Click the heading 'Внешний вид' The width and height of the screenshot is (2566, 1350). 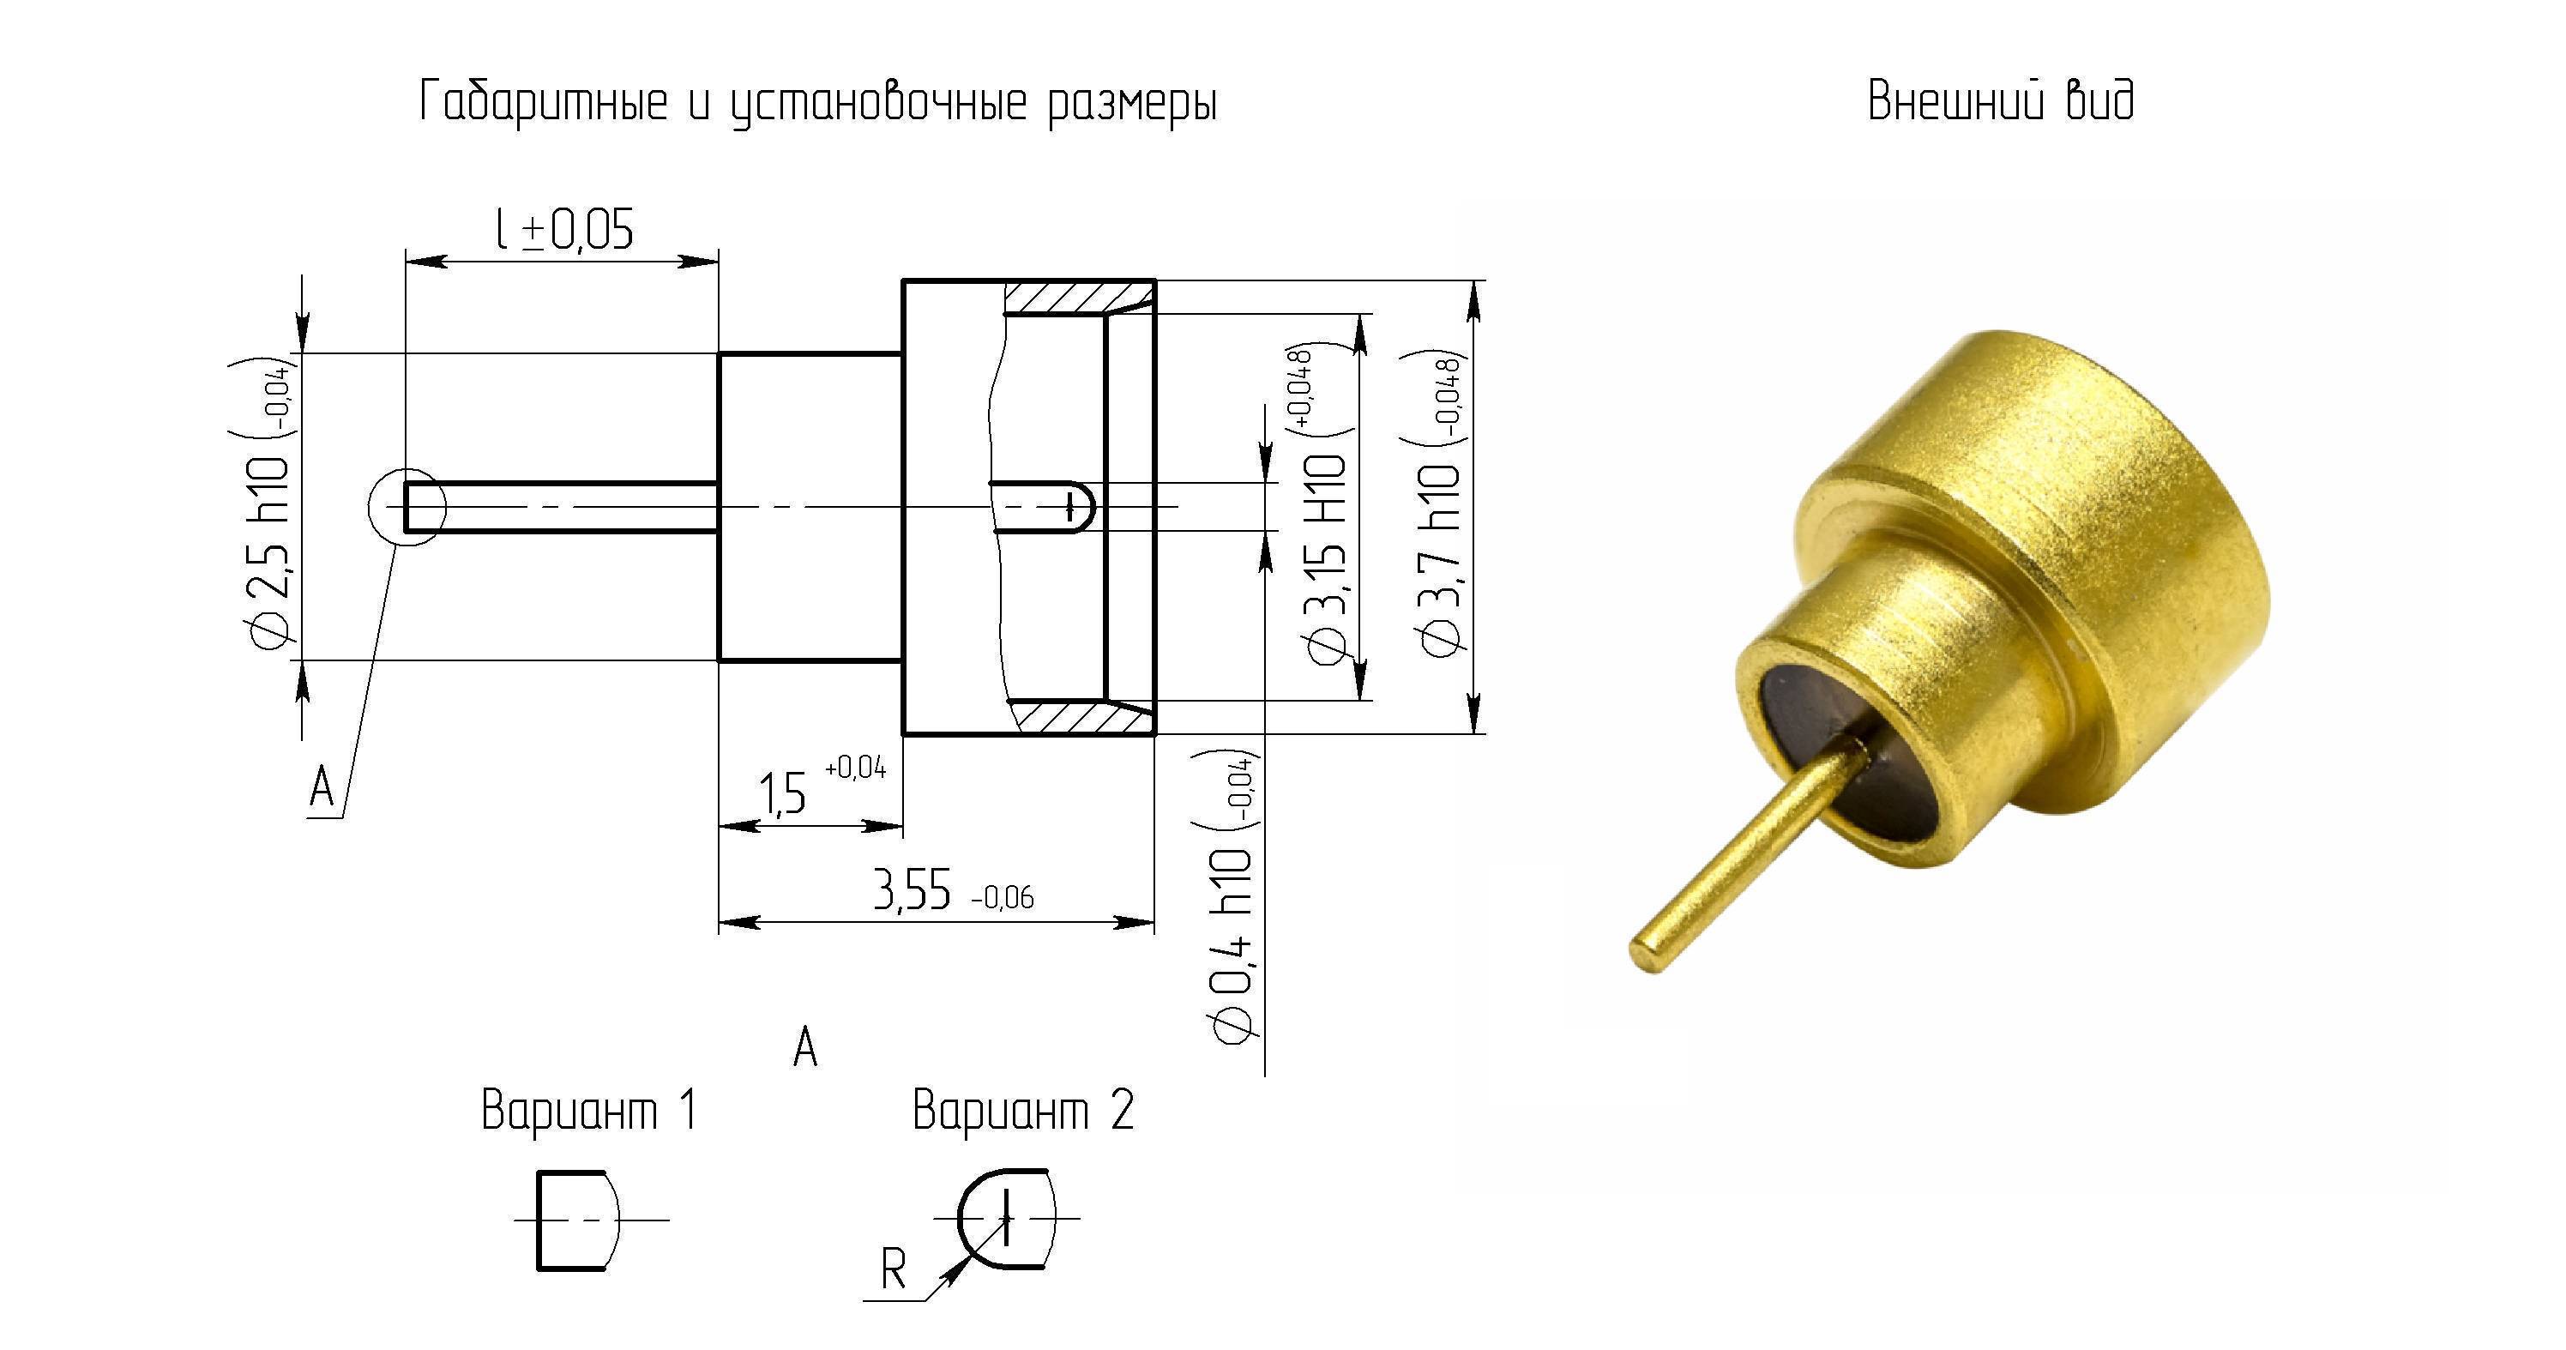[2000, 101]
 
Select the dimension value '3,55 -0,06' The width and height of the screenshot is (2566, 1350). [954, 889]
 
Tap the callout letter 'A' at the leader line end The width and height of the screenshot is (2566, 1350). [322, 788]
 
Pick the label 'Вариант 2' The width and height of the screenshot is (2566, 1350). [1023, 1110]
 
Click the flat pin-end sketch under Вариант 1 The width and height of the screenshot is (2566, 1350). [539, 1220]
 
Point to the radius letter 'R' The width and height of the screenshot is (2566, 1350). [894, 1269]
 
